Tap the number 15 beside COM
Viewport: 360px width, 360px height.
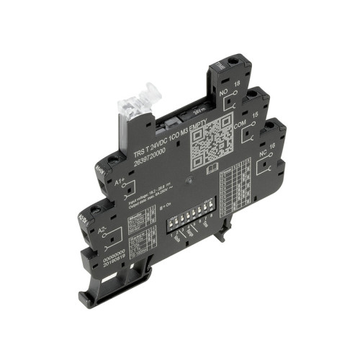pos(256,114)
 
